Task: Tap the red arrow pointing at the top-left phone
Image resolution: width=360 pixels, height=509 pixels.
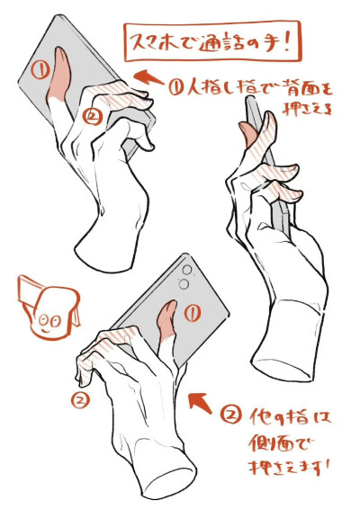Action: (x=148, y=77)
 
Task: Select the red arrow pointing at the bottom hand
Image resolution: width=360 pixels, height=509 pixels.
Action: (x=201, y=402)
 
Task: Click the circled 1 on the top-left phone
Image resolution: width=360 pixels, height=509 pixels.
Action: (x=40, y=69)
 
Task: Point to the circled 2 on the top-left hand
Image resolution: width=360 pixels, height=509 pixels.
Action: (x=93, y=117)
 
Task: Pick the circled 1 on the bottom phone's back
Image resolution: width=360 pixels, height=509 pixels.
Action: (x=193, y=313)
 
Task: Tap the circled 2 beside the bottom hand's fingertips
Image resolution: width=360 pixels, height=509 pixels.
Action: (x=80, y=400)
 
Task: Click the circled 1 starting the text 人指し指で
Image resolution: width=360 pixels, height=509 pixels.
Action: (x=178, y=87)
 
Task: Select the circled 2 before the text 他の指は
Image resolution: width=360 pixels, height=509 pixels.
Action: (x=231, y=415)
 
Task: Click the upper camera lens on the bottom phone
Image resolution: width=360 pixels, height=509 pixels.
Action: (x=187, y=270)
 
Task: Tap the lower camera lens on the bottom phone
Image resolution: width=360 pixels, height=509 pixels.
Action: (x=184, y=284)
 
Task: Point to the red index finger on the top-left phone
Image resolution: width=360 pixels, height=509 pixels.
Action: (x=59, y=75)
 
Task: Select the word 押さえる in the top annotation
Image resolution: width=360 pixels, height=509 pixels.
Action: (x=308, y=110)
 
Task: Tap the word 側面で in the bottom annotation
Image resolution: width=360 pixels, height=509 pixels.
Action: (x=279, y=443)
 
